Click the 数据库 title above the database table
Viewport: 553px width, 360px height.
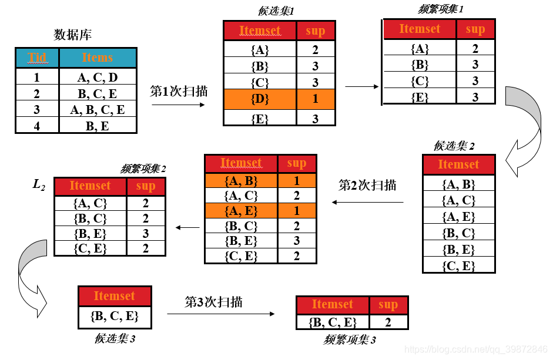click(72, 35)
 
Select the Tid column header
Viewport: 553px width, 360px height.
click(37, 58)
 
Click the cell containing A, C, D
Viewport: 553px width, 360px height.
click(97, 77)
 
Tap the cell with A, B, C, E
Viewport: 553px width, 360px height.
click(97, 109)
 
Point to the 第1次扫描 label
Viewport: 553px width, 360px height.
click(179, 92)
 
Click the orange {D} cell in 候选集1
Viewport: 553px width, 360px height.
click(259, 99)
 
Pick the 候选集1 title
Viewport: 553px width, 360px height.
click(276, 11)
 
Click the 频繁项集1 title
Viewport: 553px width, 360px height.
click(441, 9)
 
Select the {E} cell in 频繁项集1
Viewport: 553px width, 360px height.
click(420, 97)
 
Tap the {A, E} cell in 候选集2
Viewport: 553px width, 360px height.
click(458, 217)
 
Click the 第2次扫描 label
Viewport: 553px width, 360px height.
click(367, 186)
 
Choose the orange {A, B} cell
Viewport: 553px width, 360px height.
click(241, 181)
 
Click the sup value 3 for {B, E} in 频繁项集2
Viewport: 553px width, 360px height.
click(146, 234)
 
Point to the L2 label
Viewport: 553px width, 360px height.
click(39, 186)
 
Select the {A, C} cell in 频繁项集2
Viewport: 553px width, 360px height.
click(90, 203)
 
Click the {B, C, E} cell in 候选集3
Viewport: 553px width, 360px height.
click(115, 316)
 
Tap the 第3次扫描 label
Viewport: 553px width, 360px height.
click(213, 302)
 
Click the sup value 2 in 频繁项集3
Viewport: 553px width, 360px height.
click(388, 321)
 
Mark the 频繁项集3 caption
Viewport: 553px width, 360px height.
click(349, 339)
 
